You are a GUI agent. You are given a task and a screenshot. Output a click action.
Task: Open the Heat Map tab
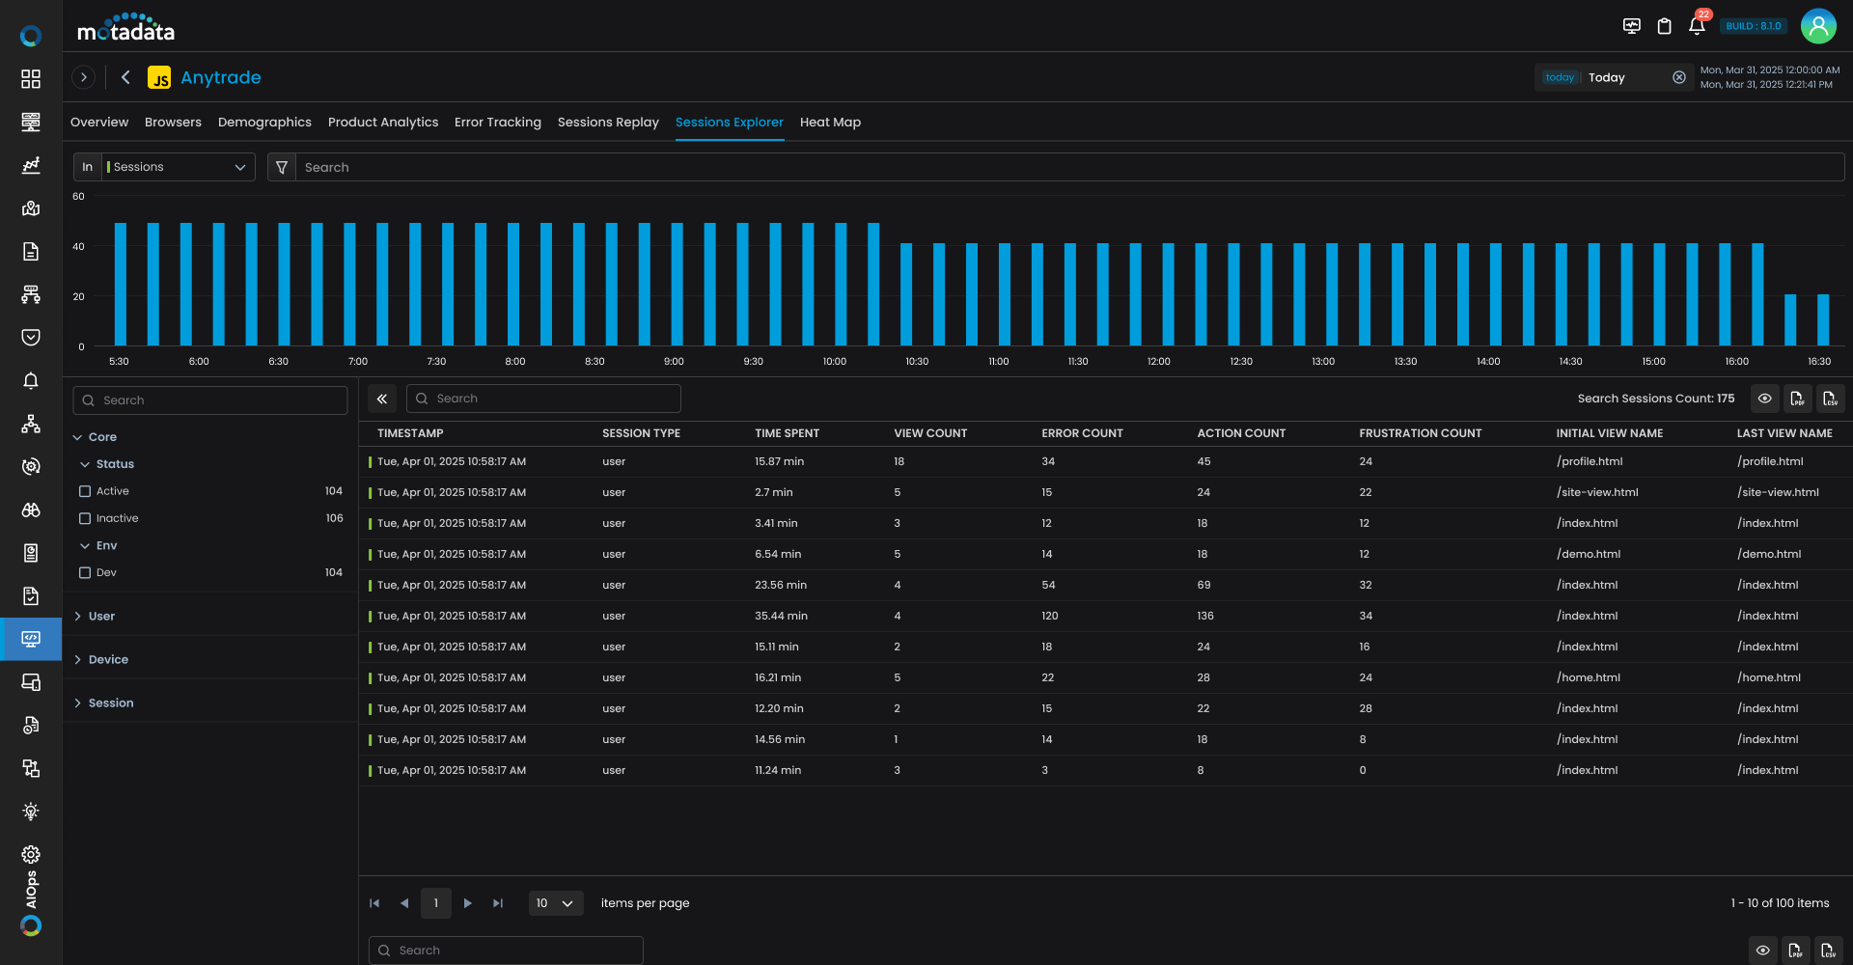pos(830,123)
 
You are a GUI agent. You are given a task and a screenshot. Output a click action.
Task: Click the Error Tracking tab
pos(497,123)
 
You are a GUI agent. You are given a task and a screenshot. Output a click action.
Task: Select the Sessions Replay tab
pos(608,123)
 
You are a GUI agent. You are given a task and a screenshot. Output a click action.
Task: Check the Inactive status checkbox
pos(85,518)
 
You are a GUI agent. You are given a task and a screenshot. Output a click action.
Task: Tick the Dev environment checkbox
pos(85,572)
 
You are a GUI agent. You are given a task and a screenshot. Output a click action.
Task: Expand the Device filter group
pos(108,660)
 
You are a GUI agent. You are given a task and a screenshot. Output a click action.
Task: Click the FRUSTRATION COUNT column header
pos(1420,433)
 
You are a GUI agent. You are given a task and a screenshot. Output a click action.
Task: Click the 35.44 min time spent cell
pos(781,616)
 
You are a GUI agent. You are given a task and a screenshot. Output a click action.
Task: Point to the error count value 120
pos(1049,616)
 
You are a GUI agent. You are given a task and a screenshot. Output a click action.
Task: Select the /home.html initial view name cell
pos(1588,677)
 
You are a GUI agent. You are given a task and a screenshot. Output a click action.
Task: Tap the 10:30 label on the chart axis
pos(917,362)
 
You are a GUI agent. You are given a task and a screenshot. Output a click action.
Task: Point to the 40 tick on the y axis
pos(78,247)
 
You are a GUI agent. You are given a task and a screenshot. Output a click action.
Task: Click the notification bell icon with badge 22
pos(1697,26)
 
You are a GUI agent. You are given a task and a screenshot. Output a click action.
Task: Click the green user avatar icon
pos(1818,26)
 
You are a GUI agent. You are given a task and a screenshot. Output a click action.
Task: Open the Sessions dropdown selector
pos(178,167)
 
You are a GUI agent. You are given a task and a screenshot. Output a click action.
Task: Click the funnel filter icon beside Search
pos(282,167)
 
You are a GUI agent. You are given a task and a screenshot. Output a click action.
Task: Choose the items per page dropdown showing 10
pos(555,903)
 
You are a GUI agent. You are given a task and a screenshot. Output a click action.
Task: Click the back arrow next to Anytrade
pos(125,77)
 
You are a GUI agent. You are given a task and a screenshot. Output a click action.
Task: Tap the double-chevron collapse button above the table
pos(382,399)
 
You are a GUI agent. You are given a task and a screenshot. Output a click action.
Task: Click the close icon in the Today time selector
pos(1679,77)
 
